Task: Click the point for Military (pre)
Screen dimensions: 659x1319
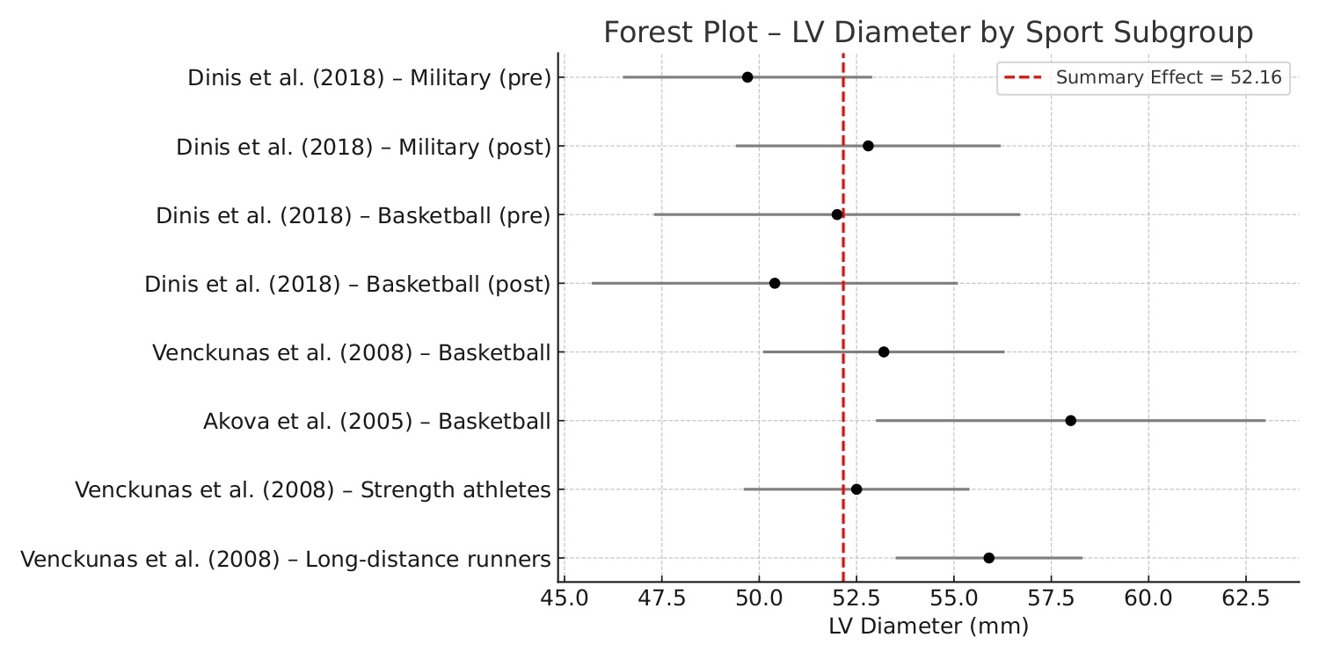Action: [x=747, y=77]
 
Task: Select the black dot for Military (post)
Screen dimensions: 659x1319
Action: [x=868, y=146]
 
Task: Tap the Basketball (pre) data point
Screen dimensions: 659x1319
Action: [x=837, y=214]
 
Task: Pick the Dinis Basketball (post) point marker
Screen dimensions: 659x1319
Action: [x=775, y=283]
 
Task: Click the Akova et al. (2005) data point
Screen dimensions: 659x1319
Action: [x=1070, y=421]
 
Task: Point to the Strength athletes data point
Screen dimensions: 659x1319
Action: [x=856, y=489]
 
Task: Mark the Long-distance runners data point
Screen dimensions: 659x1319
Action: [x=988, y=558]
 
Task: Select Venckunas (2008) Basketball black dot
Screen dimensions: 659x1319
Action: [x=884, y=352]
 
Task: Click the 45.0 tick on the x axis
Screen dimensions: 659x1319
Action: [x=564, y=601]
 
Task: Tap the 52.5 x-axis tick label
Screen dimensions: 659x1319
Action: [x=856, y=601]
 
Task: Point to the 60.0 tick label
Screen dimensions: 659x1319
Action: [x=1148, y=601]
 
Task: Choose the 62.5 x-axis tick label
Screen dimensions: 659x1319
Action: [x=1245, y=601]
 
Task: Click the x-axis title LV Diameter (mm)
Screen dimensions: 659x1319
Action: [x=928, y=627]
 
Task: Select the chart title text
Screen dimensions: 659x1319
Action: [x=928, y=33]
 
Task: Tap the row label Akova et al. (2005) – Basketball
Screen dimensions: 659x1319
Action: [x=376, y=422]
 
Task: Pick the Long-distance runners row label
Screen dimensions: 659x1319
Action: [x=286, y=559]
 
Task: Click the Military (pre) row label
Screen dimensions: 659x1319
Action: [x=369, y=78]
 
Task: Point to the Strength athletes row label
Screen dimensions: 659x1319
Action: [x=313, y=490]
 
